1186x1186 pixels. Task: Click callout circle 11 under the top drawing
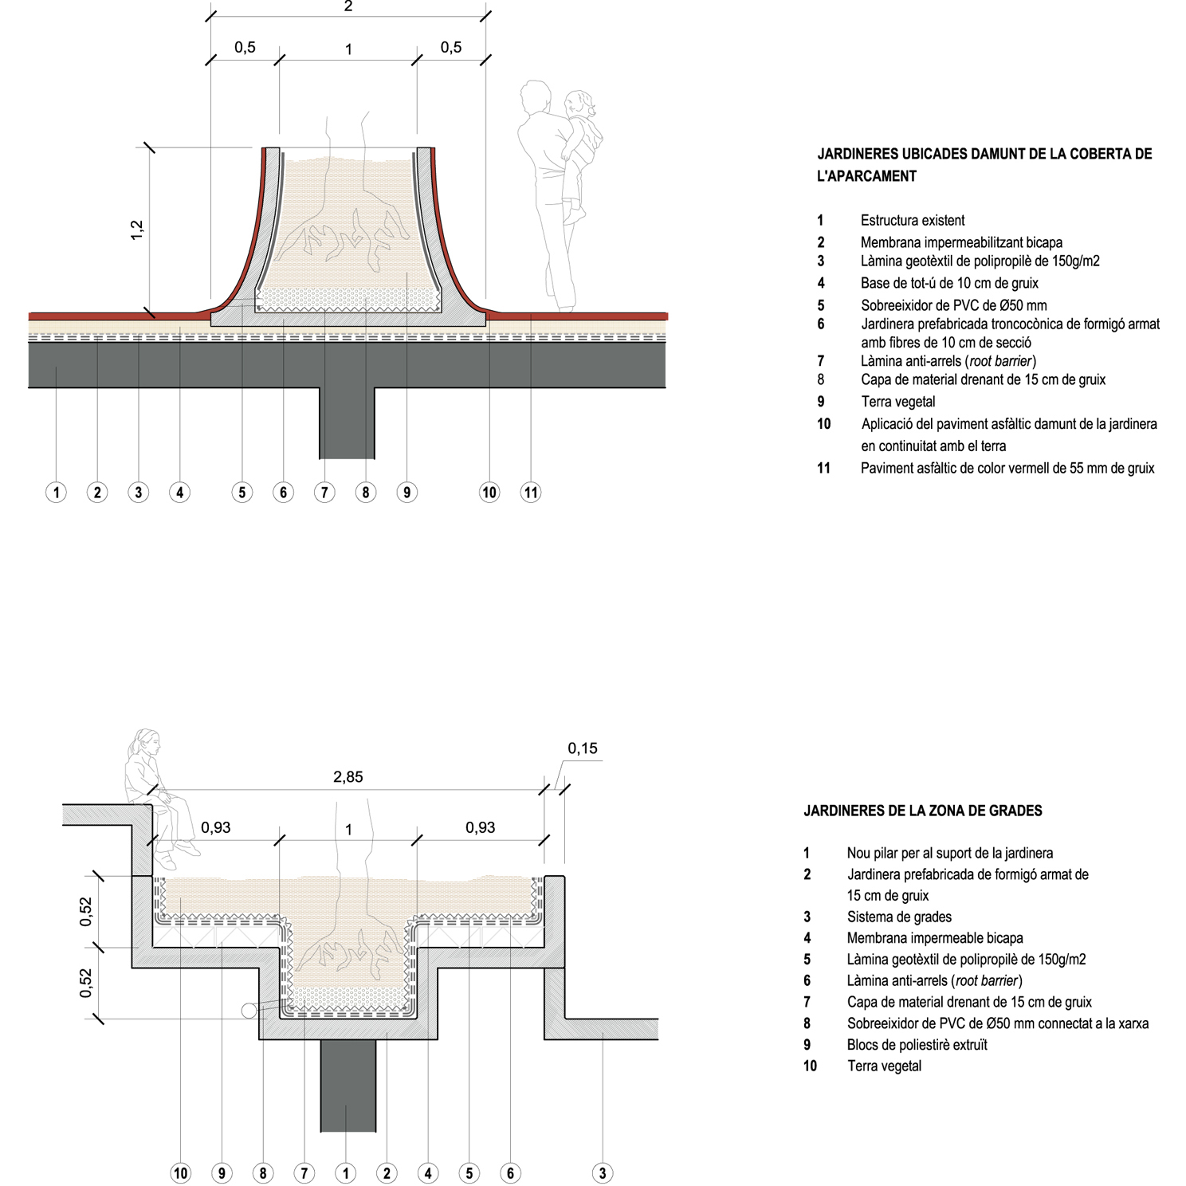[531, 493]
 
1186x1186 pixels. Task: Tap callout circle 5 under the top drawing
[242, 493]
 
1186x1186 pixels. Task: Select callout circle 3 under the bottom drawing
[603, 1172]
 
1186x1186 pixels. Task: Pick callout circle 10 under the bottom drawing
[181, 1172]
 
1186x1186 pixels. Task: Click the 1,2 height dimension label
[137, 230]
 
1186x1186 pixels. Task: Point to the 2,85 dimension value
[348, 777]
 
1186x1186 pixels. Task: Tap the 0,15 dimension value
[583, 748]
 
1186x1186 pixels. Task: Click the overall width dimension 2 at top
[348, 7]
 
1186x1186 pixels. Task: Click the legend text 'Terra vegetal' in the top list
[897, 402]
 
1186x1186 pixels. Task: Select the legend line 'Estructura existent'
[913, 221]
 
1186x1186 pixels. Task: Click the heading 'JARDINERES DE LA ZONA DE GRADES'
[922, 811]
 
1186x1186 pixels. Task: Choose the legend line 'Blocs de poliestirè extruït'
[917, 1045]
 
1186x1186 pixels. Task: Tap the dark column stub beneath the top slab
[347, 422]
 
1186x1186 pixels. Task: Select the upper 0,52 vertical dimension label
[86, 911]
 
